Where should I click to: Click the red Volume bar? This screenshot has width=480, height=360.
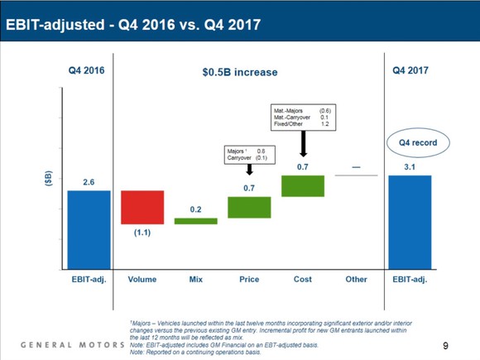click(142, 207)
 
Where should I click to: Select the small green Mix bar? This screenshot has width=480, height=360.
click(195, 221)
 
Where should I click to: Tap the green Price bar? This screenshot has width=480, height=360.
click(249, 207)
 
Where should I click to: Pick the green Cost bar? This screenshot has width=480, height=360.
click(303, 186)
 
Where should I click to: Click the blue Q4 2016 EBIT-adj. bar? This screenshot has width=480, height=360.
click(89, 229)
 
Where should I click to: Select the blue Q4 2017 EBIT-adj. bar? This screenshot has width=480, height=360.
click(410, 222)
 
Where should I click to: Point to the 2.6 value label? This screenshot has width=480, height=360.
click(89, 181)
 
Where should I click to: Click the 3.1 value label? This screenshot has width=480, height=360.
click(410, 166)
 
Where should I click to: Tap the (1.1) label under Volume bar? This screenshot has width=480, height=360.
click(142, 234)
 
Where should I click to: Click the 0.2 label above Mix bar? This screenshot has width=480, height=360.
click(196, 209)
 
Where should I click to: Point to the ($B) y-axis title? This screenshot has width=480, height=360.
click(48, 180)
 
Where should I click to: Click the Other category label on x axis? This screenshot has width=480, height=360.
click(356, 280)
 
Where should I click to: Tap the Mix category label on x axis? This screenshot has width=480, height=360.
click(195, 280)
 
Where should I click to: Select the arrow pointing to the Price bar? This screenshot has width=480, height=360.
click(249, 169)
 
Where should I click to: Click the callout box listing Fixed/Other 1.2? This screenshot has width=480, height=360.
click(303, 117)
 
